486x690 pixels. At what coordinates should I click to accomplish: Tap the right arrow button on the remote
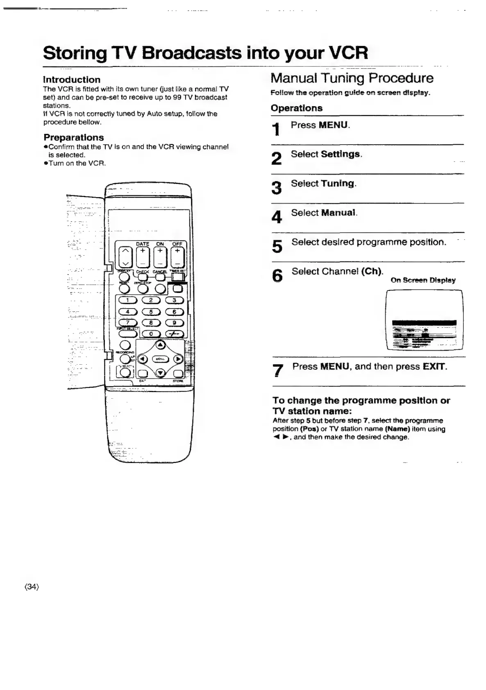[x=178, y=359]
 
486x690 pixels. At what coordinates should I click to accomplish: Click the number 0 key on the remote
[x=151, y=334]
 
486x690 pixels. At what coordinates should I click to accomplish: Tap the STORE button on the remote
[x=178, y=373]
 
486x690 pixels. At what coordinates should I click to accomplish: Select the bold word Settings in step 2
[x=341, y=154]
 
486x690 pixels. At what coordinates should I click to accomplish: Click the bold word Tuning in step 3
[x=338, y=183]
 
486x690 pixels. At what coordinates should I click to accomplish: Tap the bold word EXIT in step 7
[x=434, y=366]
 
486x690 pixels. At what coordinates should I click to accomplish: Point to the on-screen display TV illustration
[x=424, y=320]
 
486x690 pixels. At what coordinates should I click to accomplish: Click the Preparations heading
[x=74, y=137]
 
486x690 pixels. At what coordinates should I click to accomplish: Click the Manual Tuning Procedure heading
[x=352, y=78]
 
